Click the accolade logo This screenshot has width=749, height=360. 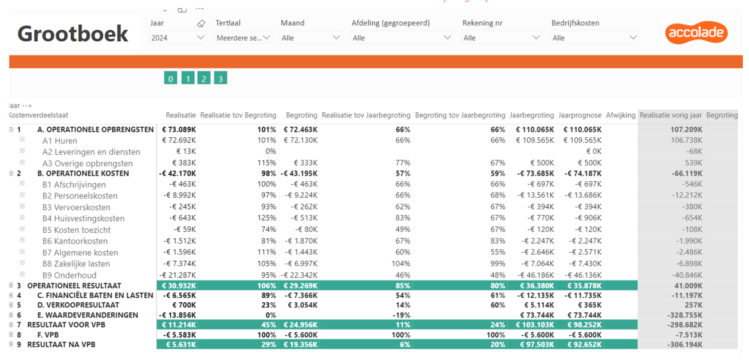click(x=696, y=32)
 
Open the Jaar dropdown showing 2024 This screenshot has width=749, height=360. click(x=177, y=38)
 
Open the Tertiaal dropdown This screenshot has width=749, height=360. click(x=243, y=38)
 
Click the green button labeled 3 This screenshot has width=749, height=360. click(x=220, y=78)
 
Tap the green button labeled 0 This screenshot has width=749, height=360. click(x=170, y=78)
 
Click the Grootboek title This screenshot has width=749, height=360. click(x=73, y=34)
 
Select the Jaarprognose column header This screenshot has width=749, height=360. click(x=580, y=115)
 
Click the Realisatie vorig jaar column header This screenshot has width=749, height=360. click(x=671, y=115)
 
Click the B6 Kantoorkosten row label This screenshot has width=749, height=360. click(x=75, y=241)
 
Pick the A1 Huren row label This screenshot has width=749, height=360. click(x=60, y=141)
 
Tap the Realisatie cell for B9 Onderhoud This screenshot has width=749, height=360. click(x=177, y=275)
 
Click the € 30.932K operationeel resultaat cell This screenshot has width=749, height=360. click(x=179, y=286)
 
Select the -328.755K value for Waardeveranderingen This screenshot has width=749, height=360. click(x=685, y=315)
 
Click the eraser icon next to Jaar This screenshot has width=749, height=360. click(x=201, y=23)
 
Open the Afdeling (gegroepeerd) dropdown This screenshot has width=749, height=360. click(x=402, y=38)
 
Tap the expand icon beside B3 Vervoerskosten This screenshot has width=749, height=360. click(x=22, y=206)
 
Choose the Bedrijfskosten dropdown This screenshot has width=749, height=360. click(x=595, y=38)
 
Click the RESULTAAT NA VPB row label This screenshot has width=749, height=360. click(x=61, y=345)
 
